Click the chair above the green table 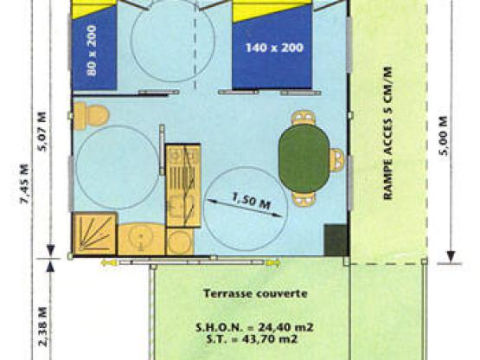click(303, 118)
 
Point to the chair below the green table click(304, 198)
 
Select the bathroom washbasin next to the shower click(139, 236)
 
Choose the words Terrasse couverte click(255, 293)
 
